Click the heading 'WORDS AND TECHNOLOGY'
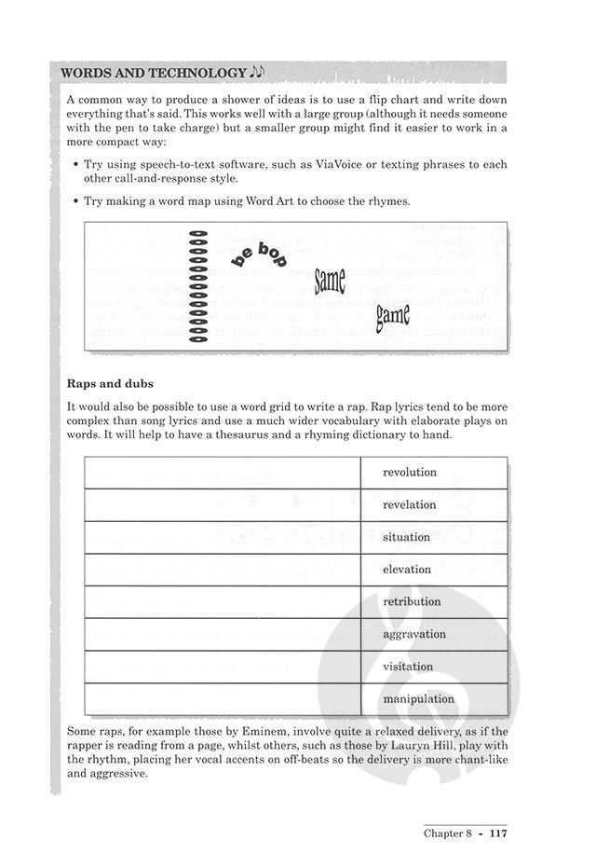point(154,72)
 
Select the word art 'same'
point(331,279)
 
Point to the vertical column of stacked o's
point(197,285)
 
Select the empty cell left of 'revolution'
point(223,473)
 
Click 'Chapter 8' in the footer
point(448,833)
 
